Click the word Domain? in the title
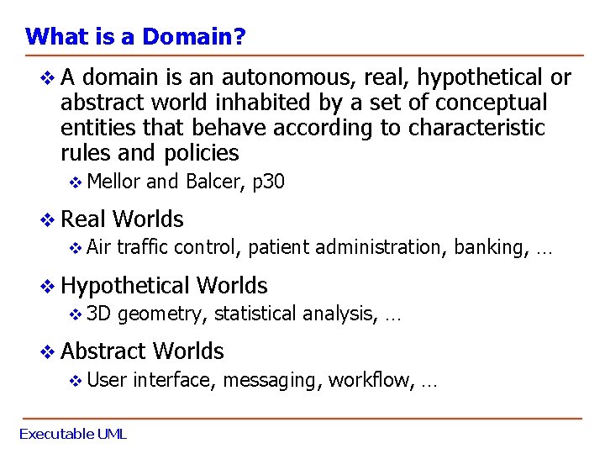point(194,37)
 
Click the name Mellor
point(114,182)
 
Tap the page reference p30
point(269,182)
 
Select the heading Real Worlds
point(123,219)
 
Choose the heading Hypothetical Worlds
point(165,286)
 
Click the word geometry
point(162,314)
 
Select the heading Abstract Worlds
point(143,351)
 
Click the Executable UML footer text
point(73,435)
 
